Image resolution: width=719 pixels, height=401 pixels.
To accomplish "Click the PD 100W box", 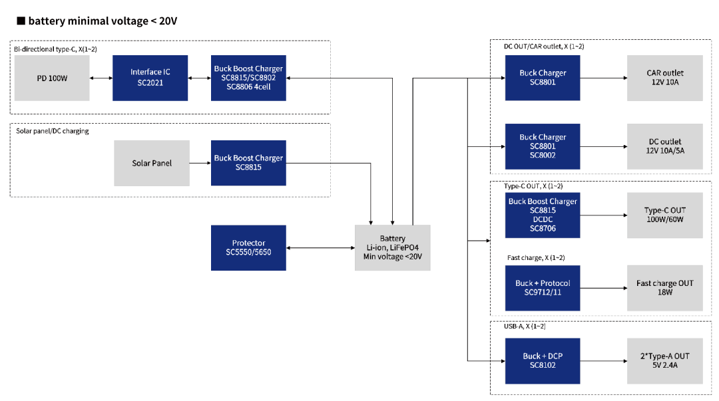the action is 52,78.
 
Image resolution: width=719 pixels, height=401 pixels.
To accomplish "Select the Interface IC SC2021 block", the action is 150,78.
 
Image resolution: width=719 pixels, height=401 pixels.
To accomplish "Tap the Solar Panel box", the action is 152,163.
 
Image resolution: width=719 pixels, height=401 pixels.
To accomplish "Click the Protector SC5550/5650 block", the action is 248,247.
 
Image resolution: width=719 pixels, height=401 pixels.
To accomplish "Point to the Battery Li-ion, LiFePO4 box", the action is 393,247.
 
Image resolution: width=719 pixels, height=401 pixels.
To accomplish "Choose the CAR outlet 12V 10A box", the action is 665,78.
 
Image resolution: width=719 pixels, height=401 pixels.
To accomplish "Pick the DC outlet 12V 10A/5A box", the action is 665,146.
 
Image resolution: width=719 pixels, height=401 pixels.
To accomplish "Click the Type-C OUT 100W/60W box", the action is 665,215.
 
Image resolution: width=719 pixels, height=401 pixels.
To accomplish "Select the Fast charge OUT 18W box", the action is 665,288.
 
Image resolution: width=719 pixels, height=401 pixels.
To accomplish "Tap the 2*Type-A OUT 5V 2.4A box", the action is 665,360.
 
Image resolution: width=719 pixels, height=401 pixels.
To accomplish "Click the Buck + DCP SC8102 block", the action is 543,360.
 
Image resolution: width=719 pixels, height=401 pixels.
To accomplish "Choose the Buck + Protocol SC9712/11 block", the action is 543,288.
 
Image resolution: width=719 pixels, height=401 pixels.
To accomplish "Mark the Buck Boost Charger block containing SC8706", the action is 543,215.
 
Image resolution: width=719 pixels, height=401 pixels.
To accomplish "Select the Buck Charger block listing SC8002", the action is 543,146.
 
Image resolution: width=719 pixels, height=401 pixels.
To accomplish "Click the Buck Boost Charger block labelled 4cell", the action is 248,78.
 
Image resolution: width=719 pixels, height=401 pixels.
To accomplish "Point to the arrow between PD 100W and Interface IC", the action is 101,78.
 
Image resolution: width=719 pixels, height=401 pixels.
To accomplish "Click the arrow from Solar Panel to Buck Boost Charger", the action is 200,163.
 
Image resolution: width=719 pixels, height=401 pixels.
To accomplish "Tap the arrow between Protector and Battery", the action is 320,248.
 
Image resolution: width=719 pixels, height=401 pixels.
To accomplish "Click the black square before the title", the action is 21,21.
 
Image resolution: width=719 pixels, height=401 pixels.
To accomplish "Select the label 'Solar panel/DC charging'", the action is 53,131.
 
